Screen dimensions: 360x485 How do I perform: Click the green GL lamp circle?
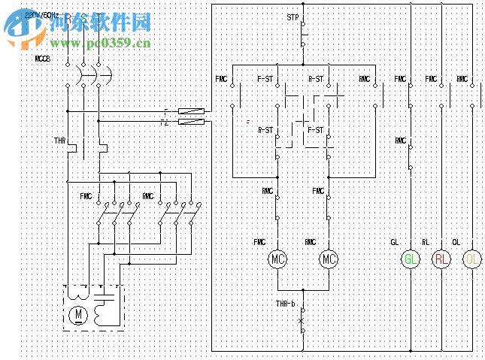pos(411,259)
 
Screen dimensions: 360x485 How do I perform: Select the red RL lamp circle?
pos(441,259)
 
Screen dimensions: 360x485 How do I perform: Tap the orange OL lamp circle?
pos(471,259)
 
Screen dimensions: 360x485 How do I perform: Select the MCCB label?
pos(43,58)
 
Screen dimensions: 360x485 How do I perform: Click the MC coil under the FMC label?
pos(278,259)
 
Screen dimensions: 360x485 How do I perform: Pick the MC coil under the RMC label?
pos(329,259)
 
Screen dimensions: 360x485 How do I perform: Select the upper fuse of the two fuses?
pos(191,112)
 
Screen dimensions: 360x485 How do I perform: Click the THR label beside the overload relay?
pos(59,140)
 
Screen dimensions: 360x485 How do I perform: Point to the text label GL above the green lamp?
pos(394,242)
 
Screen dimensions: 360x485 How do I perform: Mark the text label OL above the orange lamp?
pos(456,242)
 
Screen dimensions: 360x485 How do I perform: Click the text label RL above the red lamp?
pos(426,242)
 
